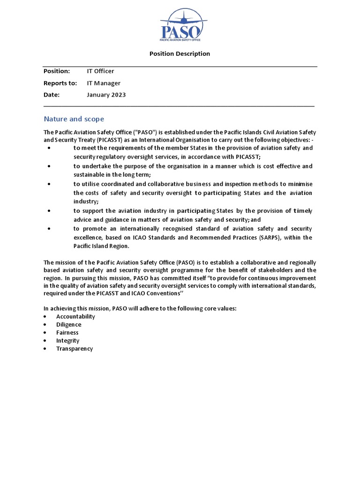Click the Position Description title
pyautogui.click(x=180, y=54)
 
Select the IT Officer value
pyautogui.click(x=100, y=71)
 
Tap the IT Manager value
pyautogui.click(x=104, y=83)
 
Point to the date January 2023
pyautogui.click(x=106, y=95)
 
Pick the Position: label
pyautogui.click(x=57, y=71)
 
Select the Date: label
pyautogui.click(x=52, y=95)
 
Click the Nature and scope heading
pyautogui.click(x=74, y=119)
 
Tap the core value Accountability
pyautogui.click(x=75, y=316)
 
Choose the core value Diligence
pyautogui.click(x=68, y=324)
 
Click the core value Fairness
pyautogui.click(x=67, y=333)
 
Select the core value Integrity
pyautogui.click(x=68, y=341)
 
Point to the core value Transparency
pyautogui.click(x=75, y=349)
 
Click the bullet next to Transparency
pyautogui.click(x=45, y=349)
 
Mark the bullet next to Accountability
pyautogui.click(x=45, y=316)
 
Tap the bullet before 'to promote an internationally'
pyautogui.click(x=49, y=229)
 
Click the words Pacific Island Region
pyautogui.click(x=101, y=247)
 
